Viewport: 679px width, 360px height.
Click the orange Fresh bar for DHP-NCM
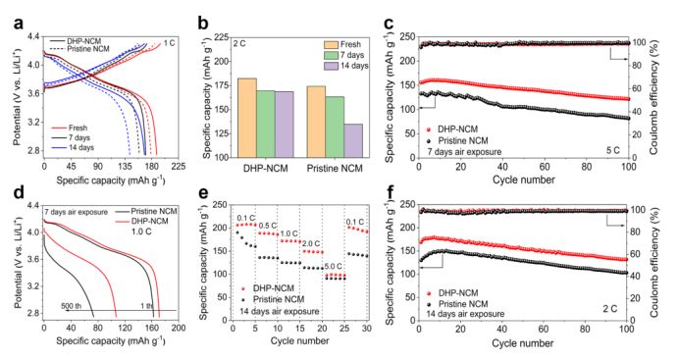247,118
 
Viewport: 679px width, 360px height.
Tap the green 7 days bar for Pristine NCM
335,127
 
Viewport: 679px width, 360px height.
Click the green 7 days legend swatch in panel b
331,55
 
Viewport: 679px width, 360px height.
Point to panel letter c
389,23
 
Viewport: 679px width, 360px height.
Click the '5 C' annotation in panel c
612,151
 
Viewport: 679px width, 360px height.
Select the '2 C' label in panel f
610,309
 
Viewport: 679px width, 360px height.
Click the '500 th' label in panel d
72,306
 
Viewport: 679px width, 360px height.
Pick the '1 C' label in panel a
170,43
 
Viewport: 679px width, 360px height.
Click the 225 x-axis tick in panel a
178,167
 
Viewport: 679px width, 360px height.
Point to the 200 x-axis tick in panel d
179,328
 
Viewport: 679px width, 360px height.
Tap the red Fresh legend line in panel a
59,129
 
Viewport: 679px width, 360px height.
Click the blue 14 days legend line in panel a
59,147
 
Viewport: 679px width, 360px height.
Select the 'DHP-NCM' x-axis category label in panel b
266,169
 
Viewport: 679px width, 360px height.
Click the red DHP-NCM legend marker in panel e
242,288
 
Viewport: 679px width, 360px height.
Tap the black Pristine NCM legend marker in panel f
429,304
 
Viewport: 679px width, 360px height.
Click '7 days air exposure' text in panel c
464,152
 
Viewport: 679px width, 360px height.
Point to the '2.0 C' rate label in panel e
312,243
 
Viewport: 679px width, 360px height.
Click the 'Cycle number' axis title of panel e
299,341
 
